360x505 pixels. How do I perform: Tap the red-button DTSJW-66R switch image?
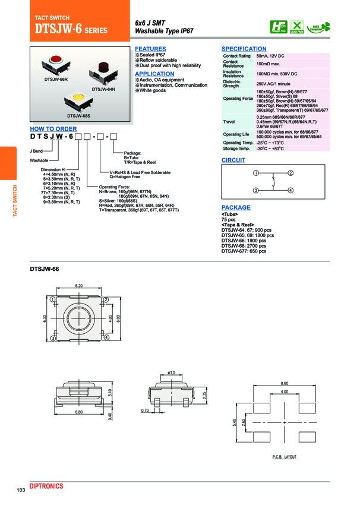pos(56,64)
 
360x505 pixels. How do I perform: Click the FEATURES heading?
pos(150,49)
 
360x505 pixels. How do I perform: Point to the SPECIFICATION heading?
pos(244,49)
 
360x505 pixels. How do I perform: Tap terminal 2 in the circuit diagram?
pos(291,173)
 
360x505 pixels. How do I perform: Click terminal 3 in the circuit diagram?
pos(255,190)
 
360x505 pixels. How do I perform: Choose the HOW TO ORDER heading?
pos(53,128)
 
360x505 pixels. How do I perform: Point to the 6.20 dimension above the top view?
pos(79,286)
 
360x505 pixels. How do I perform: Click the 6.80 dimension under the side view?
pos(79,412)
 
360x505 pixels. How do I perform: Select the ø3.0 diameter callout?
pos(172,373)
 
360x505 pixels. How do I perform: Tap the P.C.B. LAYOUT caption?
pos(284,457)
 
